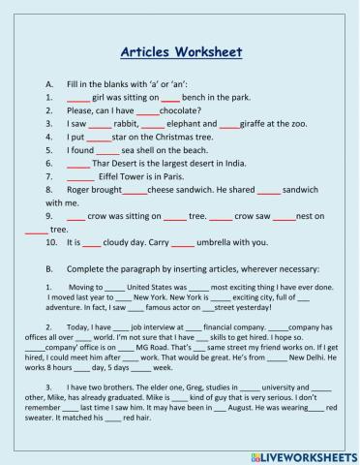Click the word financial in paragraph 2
[197, 328]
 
